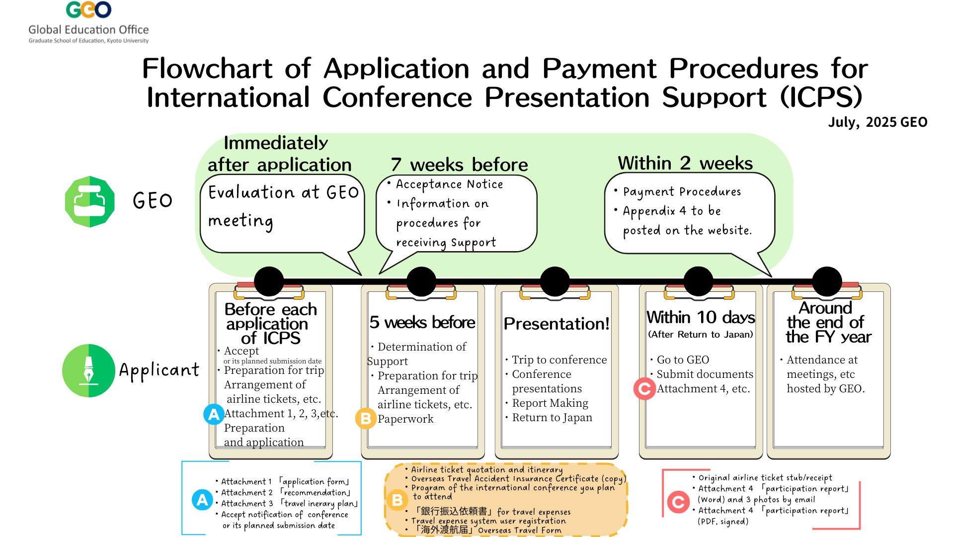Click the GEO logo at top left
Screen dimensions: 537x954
point(88,10)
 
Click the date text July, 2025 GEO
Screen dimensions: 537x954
point(877,122)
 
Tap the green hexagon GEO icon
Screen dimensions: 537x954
point(90,201)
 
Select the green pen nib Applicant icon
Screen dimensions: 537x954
point(88,370)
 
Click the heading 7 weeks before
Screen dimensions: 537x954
point(459,165)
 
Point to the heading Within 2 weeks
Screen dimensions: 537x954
point(685,163)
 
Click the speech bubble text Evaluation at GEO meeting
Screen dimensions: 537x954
point(283,206)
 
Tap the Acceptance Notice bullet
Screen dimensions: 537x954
point(449,184)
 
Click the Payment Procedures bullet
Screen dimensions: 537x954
point(681,192)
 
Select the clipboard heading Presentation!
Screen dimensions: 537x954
point(556,324)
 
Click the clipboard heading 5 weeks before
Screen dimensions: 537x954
point(422,322)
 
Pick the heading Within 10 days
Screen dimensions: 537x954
point(700,317)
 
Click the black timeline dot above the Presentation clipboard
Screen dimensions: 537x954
point(555,281)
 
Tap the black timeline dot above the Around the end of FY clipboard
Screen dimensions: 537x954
point(827,281)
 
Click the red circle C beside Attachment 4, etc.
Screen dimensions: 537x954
point(644,389)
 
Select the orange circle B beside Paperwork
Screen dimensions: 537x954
point(366,419)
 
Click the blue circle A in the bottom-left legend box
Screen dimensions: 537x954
point(202,500)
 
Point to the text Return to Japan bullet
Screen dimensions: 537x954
point(552,418)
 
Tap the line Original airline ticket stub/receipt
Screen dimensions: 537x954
point(765,478)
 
